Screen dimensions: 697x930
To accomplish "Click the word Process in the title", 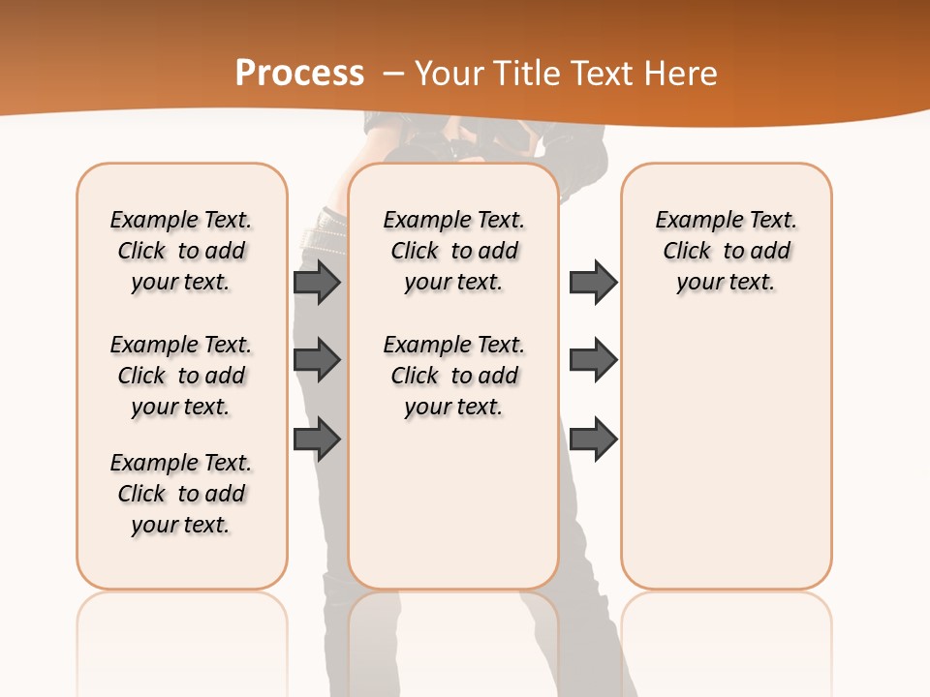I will point(299,73).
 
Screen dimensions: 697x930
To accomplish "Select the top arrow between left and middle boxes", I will point(317,282).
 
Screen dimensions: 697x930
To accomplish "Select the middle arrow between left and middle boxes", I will point(317,360).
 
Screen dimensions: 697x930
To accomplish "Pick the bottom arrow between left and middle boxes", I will point(317,439).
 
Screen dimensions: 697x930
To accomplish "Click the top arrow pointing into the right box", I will point(593,282).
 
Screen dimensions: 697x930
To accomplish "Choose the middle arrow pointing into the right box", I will point(593,360).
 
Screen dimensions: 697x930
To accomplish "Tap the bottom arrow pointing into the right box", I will point(593,439).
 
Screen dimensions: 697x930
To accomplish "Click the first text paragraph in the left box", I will point(181,251).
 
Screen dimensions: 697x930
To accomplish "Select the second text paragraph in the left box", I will point(181,376).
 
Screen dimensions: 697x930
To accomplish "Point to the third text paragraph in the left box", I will point(181,494).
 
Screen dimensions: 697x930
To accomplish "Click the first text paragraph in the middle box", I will point(453,251).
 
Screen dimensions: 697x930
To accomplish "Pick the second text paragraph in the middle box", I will point(453,376).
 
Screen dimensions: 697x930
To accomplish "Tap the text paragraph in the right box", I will point(726,251).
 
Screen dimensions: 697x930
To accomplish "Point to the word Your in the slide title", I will point(449,73).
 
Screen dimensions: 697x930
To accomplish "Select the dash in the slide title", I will point(393,73).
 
